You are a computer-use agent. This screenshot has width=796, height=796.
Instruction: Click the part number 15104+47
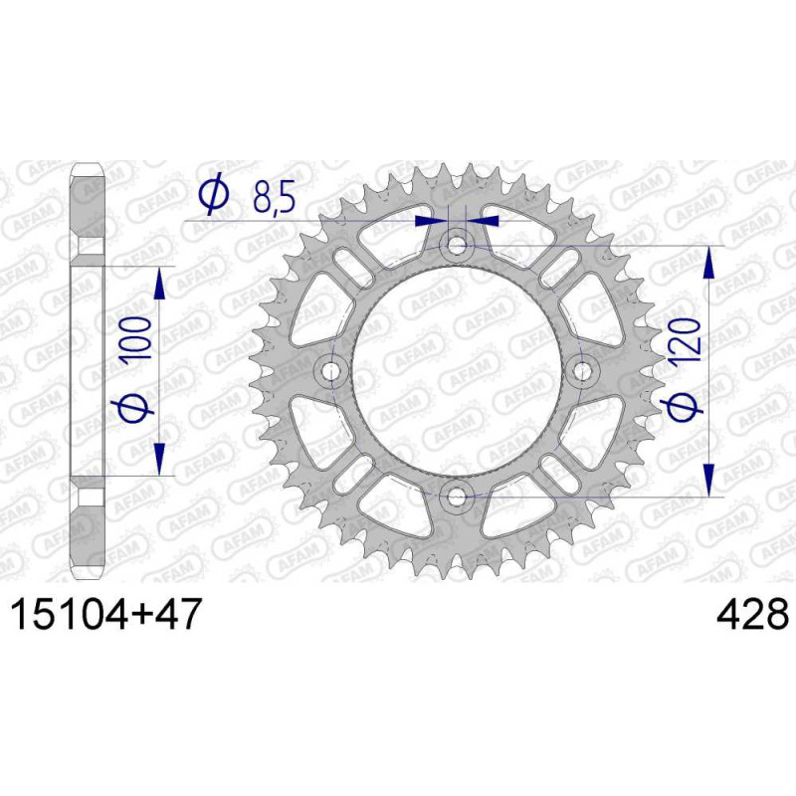(x=106, y=614)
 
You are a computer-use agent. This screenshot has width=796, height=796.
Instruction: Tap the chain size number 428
(x=752, y=614)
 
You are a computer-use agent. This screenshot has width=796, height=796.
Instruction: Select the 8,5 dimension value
(x=275, y=195)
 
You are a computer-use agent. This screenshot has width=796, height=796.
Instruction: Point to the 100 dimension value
(x=137, y=338)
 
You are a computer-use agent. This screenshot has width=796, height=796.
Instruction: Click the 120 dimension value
(x=687, y=336)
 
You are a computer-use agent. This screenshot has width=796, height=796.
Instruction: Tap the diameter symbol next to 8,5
(x=214, y=193)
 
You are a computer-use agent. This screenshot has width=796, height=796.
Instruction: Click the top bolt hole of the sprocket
(x=457, y=246)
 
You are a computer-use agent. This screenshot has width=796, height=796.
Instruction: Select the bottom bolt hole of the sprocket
(x=457, y=497)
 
